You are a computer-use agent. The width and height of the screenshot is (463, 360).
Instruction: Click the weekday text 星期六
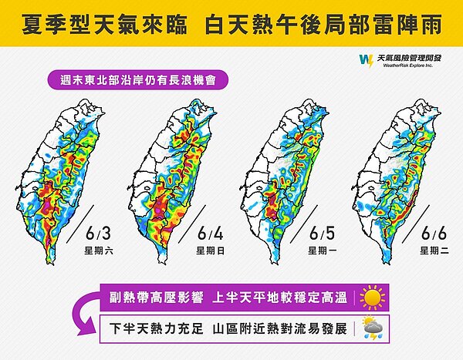[98, 251]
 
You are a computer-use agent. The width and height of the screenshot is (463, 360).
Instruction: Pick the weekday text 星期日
[210, 251]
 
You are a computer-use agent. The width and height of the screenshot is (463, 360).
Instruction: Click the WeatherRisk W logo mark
[364, 61]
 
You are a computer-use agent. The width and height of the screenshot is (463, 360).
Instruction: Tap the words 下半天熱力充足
[157, 329]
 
